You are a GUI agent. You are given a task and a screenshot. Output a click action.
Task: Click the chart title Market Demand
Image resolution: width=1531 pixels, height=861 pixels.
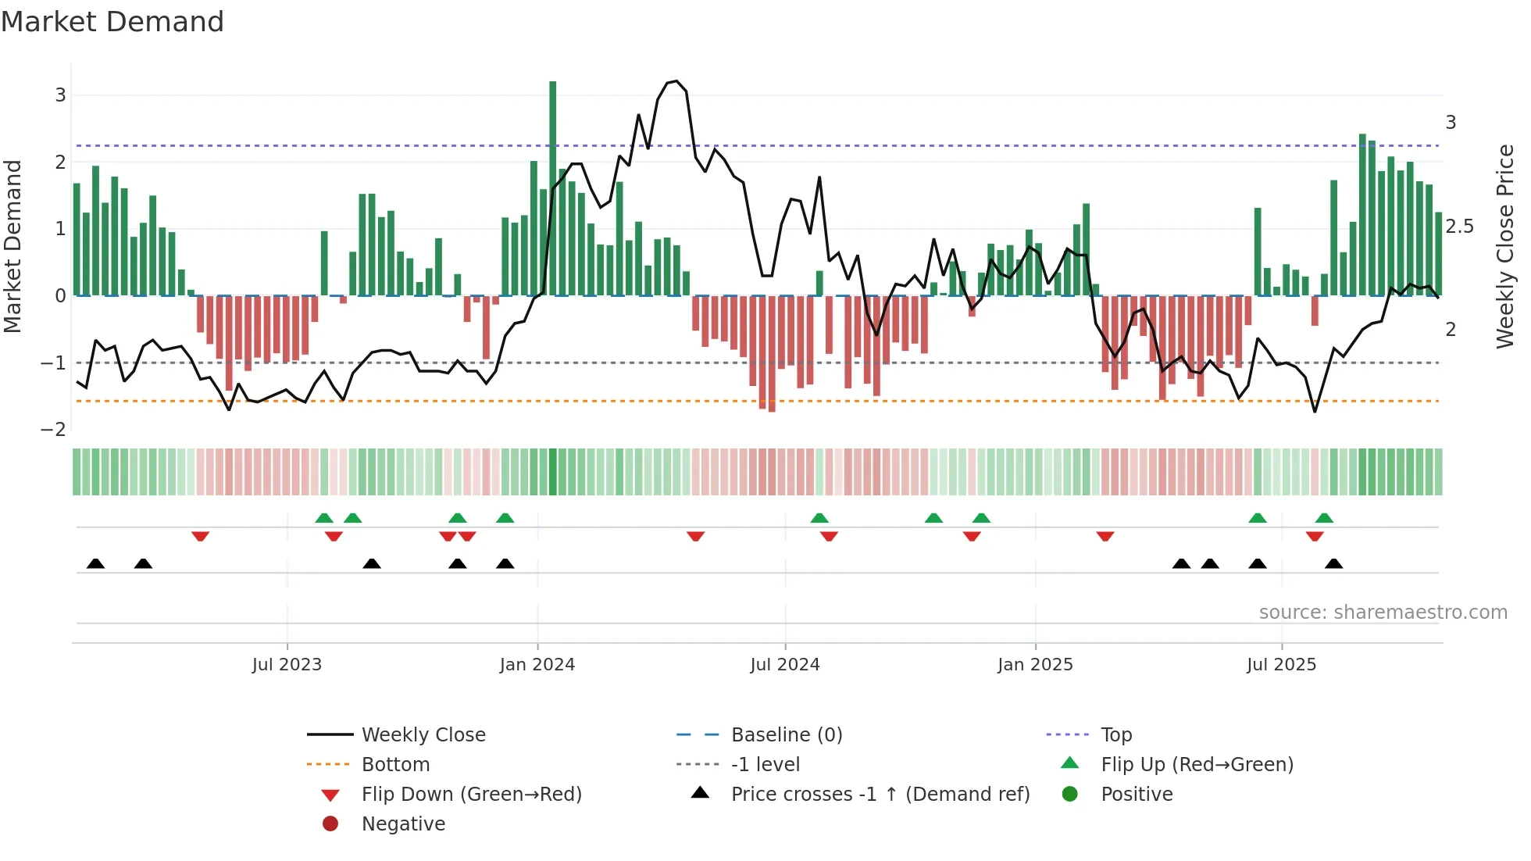[112, 22]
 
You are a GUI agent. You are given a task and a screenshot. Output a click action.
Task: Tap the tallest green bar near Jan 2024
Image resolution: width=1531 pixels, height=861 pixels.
[553, 188]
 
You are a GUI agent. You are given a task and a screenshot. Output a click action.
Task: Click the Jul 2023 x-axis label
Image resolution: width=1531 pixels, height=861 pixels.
[287, 665]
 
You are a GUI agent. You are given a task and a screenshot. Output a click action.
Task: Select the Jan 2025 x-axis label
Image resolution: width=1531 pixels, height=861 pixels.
[1035, 665]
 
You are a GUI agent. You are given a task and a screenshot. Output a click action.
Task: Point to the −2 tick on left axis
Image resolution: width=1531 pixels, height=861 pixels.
[53, 430]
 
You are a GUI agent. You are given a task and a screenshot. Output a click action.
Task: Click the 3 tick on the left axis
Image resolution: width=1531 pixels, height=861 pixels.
[60, 95]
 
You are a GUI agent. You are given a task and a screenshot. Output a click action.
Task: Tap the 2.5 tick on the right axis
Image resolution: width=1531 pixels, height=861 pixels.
[1459, 227]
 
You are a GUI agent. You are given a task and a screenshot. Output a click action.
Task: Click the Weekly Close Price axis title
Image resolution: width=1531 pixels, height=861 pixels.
[1504, 246]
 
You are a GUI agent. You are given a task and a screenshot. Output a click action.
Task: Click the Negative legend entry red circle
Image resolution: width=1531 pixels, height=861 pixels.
[330, 824]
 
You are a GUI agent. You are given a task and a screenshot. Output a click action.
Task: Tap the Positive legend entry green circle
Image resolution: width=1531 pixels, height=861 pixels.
[1070, 795]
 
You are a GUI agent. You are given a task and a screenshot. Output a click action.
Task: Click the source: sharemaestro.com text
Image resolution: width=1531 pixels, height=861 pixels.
[1383, 613]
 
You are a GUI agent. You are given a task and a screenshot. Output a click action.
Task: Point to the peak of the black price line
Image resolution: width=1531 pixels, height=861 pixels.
[676, 81]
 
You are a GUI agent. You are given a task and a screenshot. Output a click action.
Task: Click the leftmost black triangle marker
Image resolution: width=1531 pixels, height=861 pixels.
[95, 563]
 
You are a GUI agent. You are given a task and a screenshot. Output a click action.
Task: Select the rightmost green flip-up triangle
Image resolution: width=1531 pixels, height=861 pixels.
[1324, 518]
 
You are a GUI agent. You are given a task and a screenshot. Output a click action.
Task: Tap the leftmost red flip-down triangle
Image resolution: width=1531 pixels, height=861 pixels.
[200, 536]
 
